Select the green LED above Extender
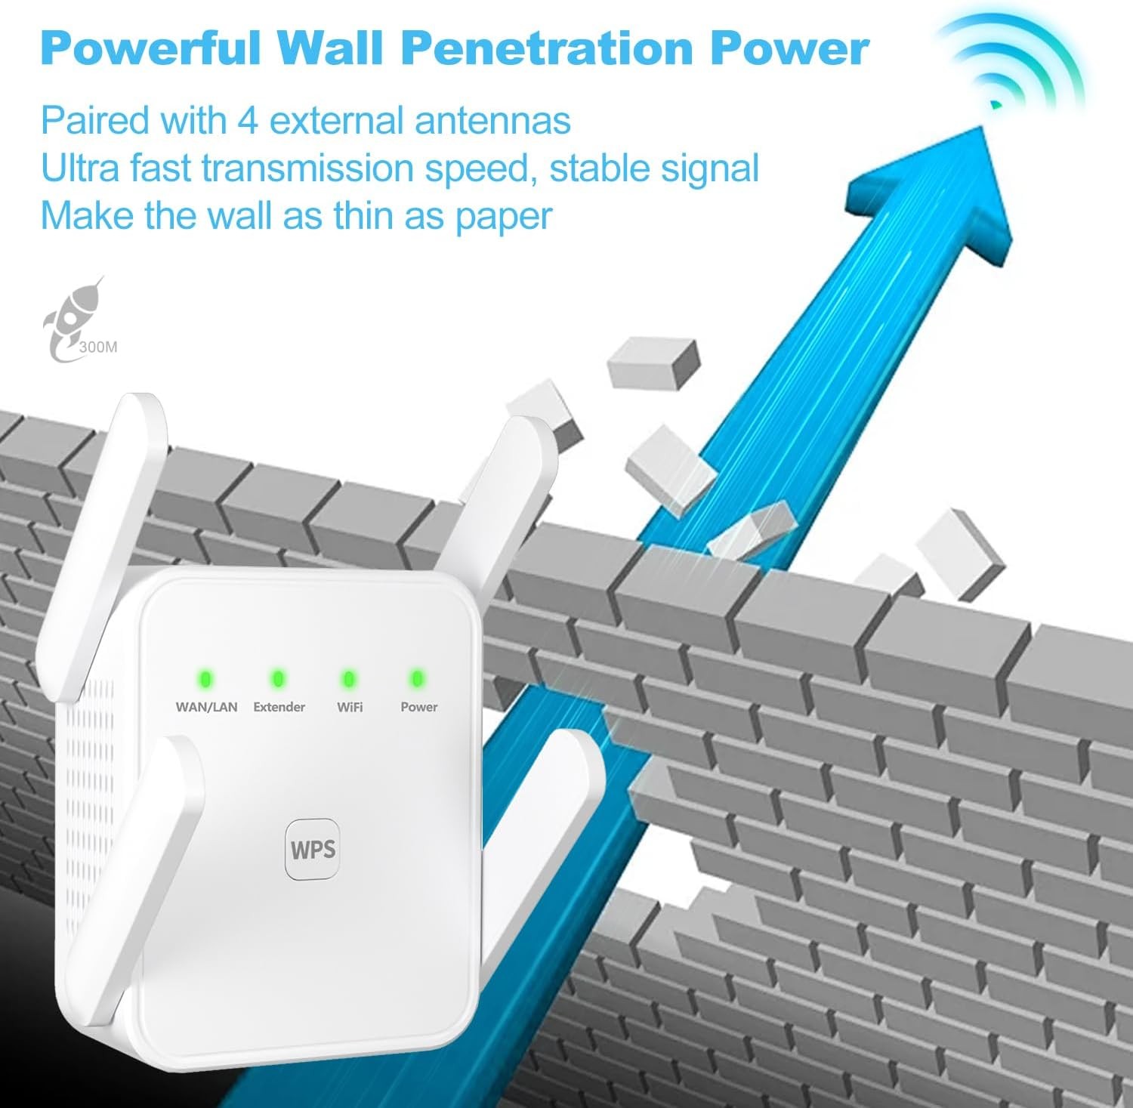(x=278, y=679)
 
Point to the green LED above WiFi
(x=348, y=679)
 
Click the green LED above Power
(x=416, y=679)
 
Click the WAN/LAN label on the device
(x=206, y=707)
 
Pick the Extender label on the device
(x=279, y=707)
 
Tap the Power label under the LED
(x=418, y=707)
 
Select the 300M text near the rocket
(x=99, y=348)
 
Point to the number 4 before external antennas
(x=247, y=121)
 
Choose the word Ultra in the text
(x=79, y=168)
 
